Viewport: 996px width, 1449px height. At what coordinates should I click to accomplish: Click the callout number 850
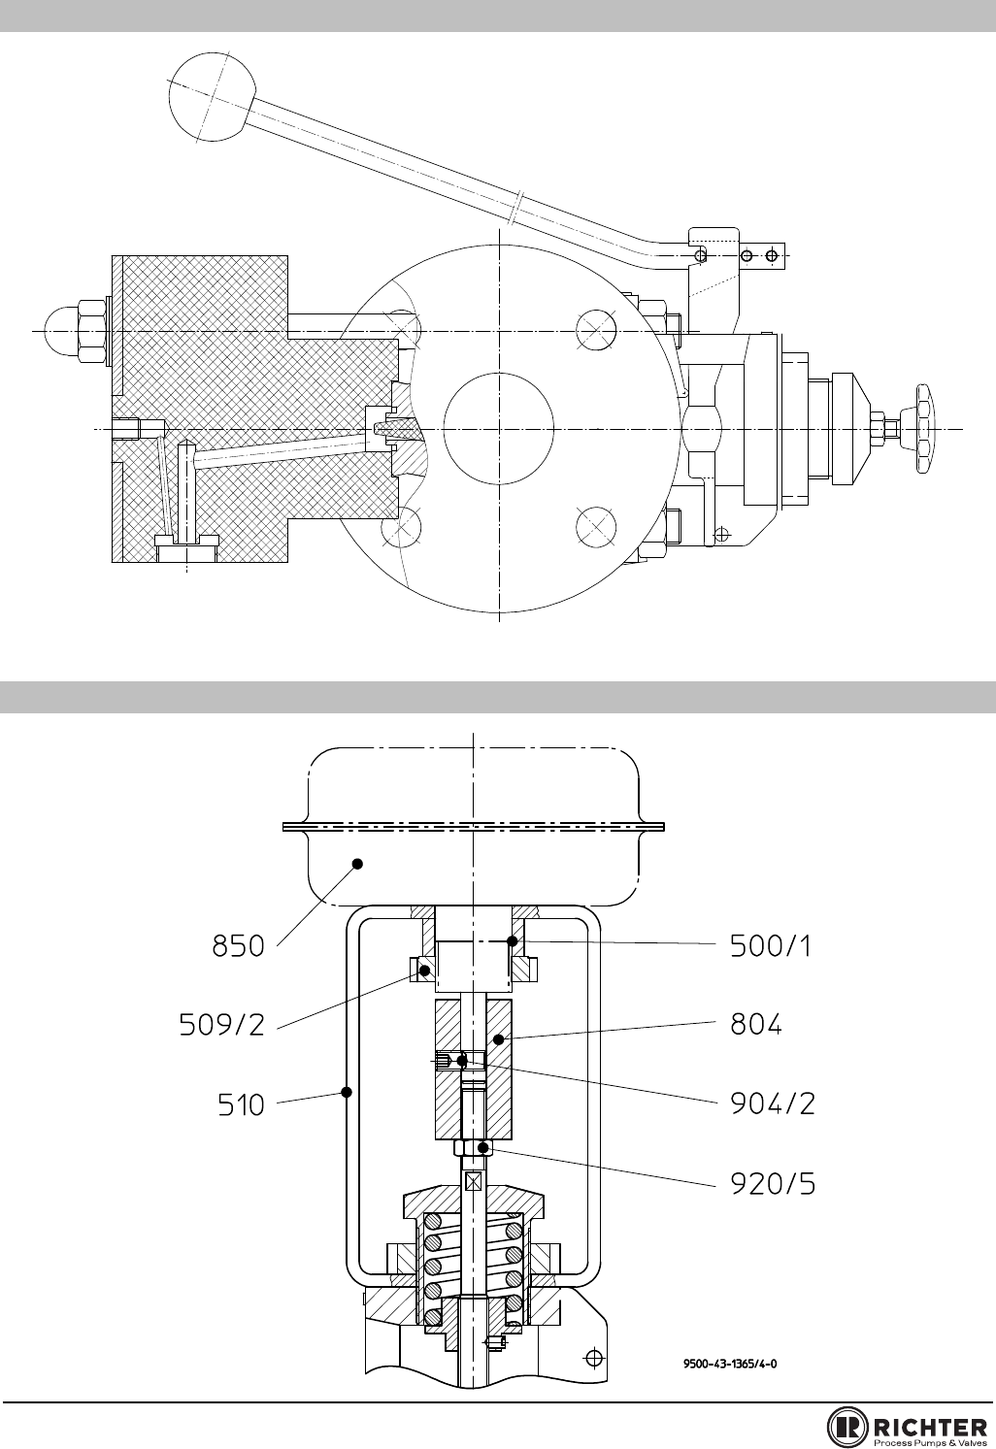pyautogui.click(x=238, y=946)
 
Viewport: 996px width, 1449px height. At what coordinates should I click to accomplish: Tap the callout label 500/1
pyautogui.click(x=770, y=946)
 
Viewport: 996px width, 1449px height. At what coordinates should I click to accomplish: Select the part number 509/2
pyautogui.click(x=222, y=1025)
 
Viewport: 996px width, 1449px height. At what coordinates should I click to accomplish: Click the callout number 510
pyautogui.click(x=241, y=1104)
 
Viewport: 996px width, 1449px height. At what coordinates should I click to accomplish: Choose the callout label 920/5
pyautogui.click(x=773, y=1184)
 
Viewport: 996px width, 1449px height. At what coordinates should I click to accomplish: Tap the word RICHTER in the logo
pyautogui.click(x=931, y=1427)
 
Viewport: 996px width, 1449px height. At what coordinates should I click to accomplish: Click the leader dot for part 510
pyautogui.click(x=347, y=1092)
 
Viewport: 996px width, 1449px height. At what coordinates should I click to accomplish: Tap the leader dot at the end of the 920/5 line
pyautogui.click(x=482, y=1147)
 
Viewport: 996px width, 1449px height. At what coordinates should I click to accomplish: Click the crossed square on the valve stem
pyautogui.click(x=474, y=1181)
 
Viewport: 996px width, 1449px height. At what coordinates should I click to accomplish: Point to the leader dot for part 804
pyautogui.click(x=498, y=1039)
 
